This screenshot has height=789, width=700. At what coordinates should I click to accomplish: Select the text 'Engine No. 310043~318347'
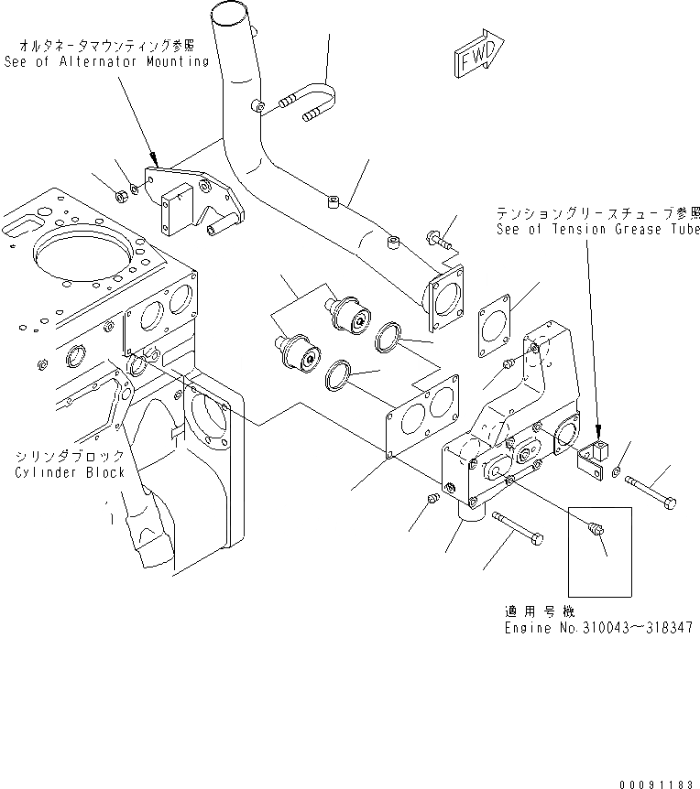pyautogui.click(x=597, y=629)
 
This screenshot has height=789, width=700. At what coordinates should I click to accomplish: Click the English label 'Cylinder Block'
pyautogui.click(x=69, y=472)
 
